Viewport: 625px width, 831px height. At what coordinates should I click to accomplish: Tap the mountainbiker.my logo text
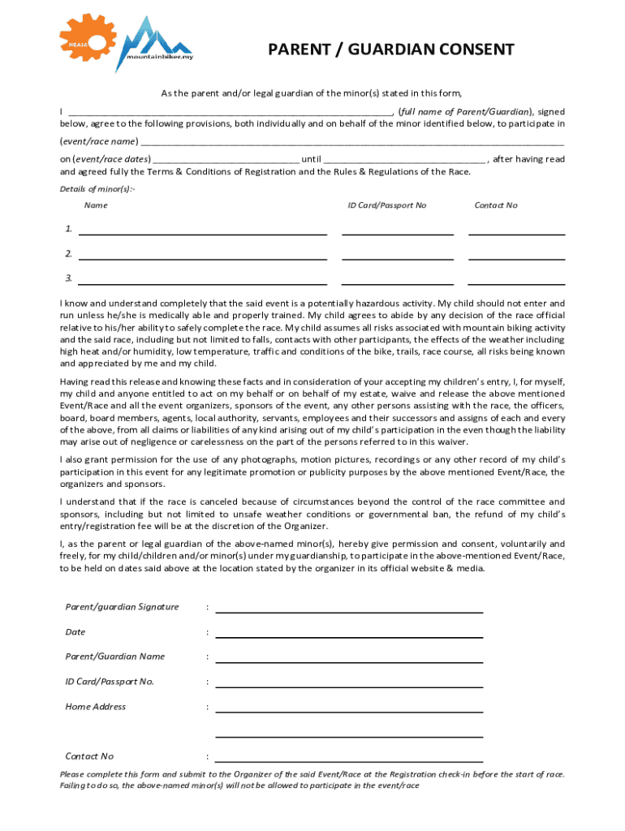159,57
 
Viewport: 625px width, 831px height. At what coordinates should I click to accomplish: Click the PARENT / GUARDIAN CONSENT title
391,50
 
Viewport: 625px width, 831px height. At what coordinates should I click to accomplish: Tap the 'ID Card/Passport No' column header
387,205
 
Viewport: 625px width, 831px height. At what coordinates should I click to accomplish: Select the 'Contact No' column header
495,205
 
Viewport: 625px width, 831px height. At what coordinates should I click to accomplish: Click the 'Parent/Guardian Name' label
115,657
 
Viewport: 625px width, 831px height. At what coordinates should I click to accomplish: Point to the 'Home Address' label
96,707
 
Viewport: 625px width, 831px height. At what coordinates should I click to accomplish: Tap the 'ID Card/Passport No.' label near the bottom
110,682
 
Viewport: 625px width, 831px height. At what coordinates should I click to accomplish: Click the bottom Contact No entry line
349,760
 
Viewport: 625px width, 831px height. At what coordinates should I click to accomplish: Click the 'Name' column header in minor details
96,205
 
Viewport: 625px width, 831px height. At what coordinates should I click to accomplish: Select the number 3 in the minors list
69,278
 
